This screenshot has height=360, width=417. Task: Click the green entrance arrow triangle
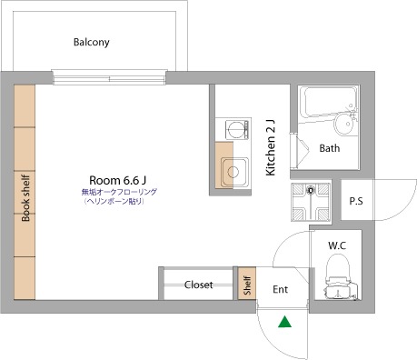284,323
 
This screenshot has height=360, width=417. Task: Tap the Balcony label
92,42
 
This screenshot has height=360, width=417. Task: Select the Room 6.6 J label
118,180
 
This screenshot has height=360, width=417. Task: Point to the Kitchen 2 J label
271,147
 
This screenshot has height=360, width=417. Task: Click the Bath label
330,148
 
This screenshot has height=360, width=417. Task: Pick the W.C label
337,245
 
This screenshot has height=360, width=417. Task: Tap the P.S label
356,201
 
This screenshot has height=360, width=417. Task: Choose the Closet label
198,285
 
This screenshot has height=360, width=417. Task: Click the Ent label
280,289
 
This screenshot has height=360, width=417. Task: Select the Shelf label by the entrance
247,285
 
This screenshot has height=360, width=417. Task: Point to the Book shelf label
25,198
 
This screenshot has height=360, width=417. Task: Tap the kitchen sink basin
234,172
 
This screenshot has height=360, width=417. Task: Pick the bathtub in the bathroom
330,102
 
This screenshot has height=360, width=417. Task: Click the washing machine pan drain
311,190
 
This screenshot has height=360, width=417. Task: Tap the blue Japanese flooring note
119,196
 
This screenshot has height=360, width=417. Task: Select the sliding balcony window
109,77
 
